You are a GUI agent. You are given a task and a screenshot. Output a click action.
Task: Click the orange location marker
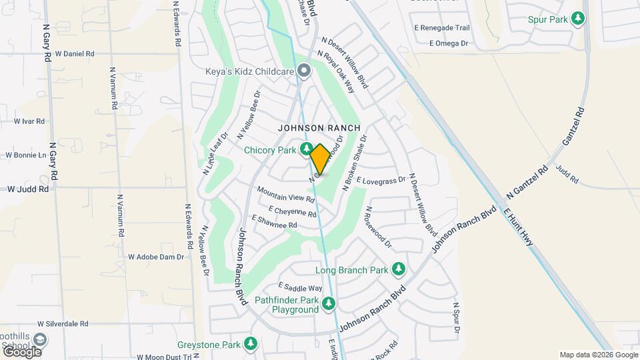tap(320, 159)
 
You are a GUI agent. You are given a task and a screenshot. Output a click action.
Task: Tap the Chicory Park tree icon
tap(307, 149)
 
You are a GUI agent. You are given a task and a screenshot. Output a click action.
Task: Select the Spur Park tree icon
tap(579, 19)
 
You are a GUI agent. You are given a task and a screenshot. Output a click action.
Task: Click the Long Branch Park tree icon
tap(399, 269)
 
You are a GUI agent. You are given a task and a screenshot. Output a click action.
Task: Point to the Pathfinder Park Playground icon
tap(328, 305)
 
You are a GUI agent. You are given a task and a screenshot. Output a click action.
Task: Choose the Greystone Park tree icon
tap(250, 344)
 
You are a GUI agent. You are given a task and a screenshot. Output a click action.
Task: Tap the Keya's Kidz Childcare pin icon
tap(304, 70)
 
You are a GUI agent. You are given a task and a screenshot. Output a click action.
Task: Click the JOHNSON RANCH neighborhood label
tap(319, 127)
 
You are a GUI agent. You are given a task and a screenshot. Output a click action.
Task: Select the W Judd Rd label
tap(28, 189)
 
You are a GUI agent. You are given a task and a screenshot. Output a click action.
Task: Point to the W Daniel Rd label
tap(75, 53)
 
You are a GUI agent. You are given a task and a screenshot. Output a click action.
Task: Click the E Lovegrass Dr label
tap(381, 180)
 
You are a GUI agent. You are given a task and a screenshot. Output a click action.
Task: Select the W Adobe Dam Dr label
tap(155, 257)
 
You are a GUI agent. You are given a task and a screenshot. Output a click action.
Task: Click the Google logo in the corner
tap(22, 351)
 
